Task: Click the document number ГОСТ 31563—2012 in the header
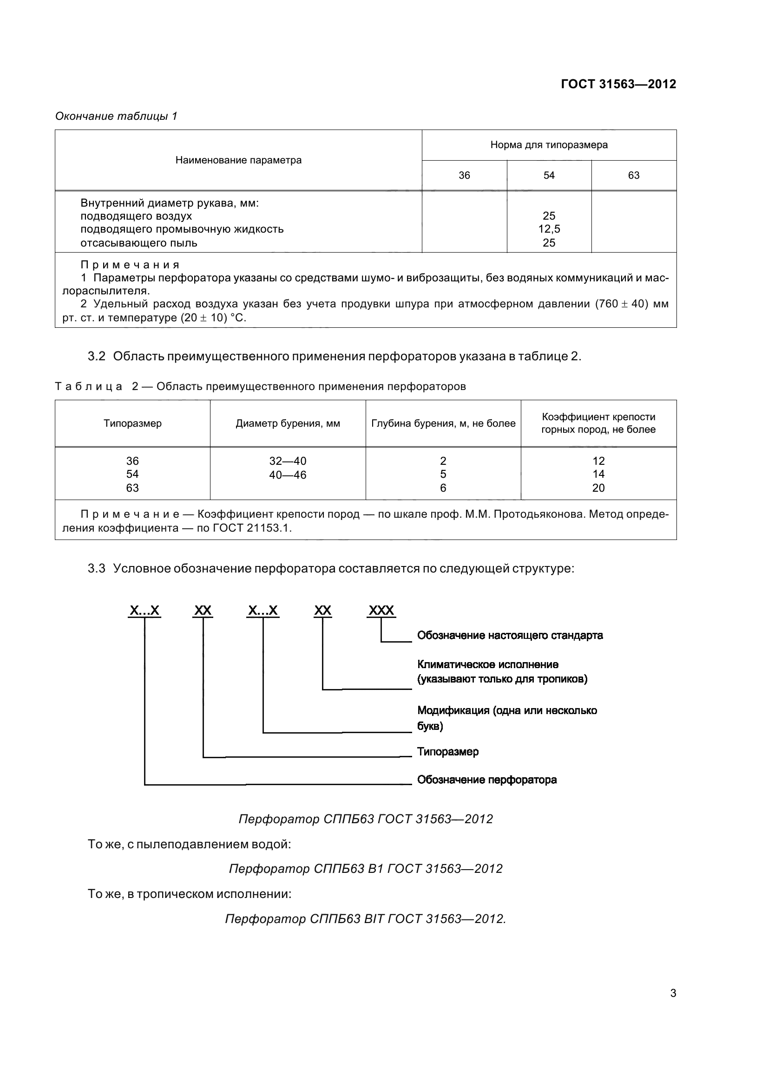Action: point(618,84)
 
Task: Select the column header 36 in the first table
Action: point(464,176)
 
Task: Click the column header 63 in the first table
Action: point(633,176)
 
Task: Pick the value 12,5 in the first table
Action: point(549,229)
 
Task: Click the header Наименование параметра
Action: point(238,160)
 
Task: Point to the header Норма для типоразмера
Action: point(549,145)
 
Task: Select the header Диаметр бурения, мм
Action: point(288,423)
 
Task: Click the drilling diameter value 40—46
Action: point(288,475)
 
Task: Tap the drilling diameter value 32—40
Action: point(288,461)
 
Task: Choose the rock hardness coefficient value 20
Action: point(598,488)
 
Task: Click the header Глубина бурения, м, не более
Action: point(443,423)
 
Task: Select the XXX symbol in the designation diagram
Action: point(381,611)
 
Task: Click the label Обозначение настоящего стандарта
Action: point(510,635)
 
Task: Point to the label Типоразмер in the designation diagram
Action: point(447,752)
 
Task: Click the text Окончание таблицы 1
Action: point(116,116)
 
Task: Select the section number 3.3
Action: point(96,569)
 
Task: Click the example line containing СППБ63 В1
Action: point(365,869)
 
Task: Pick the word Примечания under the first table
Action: point(130,264)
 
